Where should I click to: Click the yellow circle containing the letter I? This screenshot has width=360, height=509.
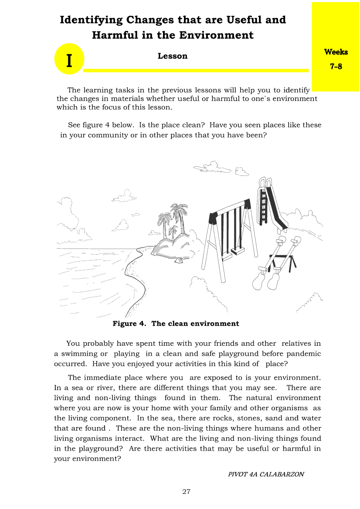point(69,59)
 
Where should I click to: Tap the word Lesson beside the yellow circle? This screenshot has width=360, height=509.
point(173,56)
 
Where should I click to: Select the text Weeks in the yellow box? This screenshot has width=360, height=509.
point(336,52)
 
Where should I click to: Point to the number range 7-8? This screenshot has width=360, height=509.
point(336,67)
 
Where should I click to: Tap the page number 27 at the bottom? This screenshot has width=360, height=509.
point(186,492)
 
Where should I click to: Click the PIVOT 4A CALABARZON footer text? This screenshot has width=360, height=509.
point(266,474)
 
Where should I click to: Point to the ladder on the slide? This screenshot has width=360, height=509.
point(263,205)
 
